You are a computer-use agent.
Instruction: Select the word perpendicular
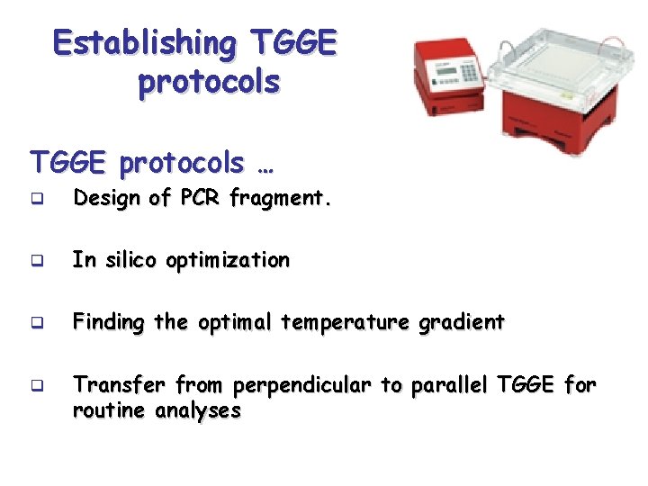tap(302, 385)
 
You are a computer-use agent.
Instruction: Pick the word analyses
tap(198, 411)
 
